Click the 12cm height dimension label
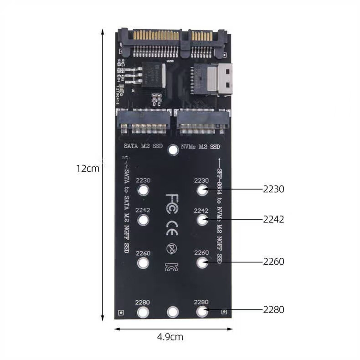87,168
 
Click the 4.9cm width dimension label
170,337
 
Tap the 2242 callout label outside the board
273,219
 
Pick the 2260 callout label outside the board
273,262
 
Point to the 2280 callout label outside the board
273,309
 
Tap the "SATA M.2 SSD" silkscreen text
143,147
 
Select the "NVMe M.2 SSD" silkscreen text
201,147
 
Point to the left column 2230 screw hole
143,190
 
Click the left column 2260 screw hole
143,263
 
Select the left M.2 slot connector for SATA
143,123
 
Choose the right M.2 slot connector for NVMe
201,123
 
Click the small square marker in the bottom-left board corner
121,312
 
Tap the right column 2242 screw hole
202,220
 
